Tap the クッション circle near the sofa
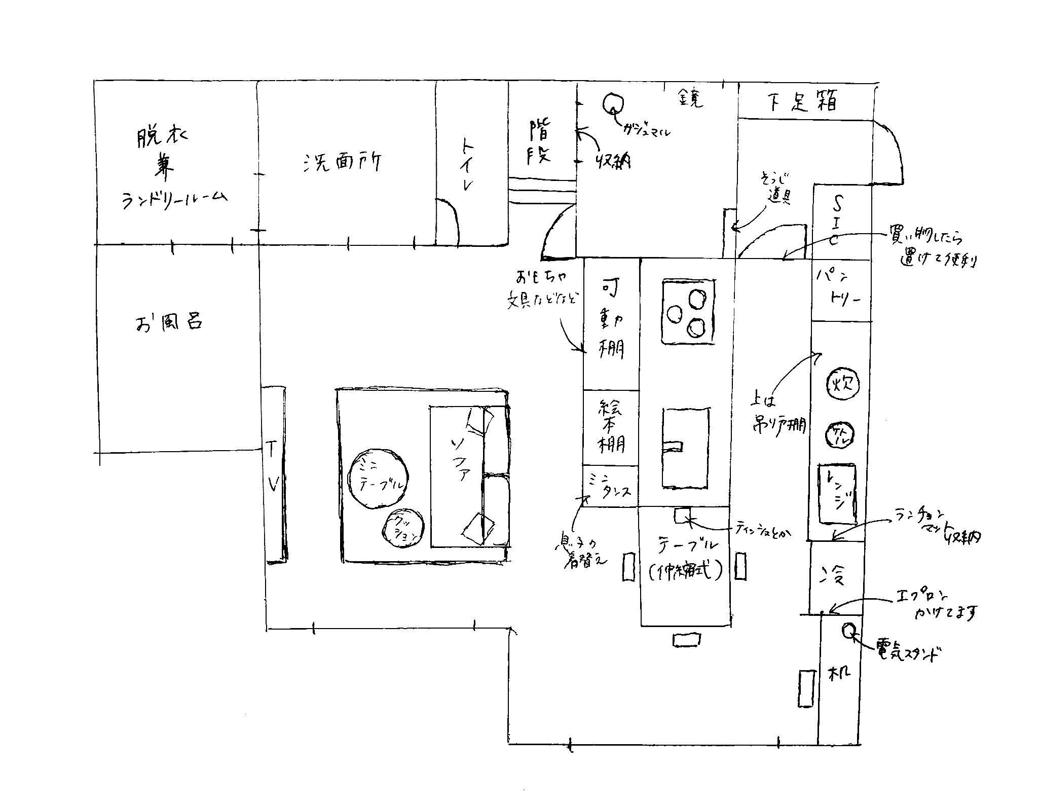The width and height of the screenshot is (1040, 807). [403, 528]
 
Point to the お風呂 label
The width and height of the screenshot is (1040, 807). [169, 322]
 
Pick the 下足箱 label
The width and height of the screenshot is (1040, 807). [801, 101]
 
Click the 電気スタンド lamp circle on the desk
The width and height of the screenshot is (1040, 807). [849, 630]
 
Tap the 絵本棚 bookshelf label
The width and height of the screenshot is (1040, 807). [611, 427]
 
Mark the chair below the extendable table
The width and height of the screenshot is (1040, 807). [687, 640]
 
